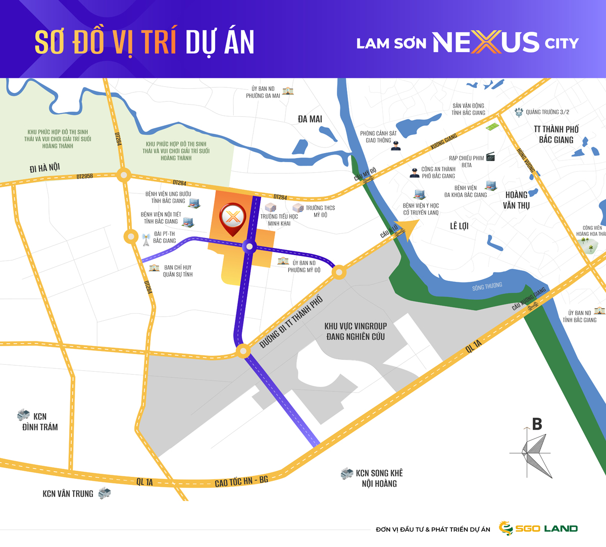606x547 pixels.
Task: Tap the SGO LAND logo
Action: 538,528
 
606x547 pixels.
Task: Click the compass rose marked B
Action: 533,449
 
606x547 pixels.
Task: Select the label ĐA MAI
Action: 310,119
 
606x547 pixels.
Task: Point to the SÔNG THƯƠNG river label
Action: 487,287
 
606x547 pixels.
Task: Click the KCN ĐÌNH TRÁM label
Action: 39,422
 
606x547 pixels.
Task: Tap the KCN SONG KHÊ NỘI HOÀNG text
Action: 379,478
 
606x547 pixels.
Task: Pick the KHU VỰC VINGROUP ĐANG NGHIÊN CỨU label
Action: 356,331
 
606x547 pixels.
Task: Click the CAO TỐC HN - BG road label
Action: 241,482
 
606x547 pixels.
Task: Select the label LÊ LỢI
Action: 459,226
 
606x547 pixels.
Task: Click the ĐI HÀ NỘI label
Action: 44,168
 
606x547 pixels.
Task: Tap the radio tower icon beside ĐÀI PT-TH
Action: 146,239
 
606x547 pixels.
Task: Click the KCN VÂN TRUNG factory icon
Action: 105,493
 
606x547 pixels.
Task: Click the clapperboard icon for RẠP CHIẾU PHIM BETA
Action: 490,157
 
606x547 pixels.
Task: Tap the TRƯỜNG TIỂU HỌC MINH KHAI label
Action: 279,220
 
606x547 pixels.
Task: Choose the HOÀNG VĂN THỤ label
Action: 516,200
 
